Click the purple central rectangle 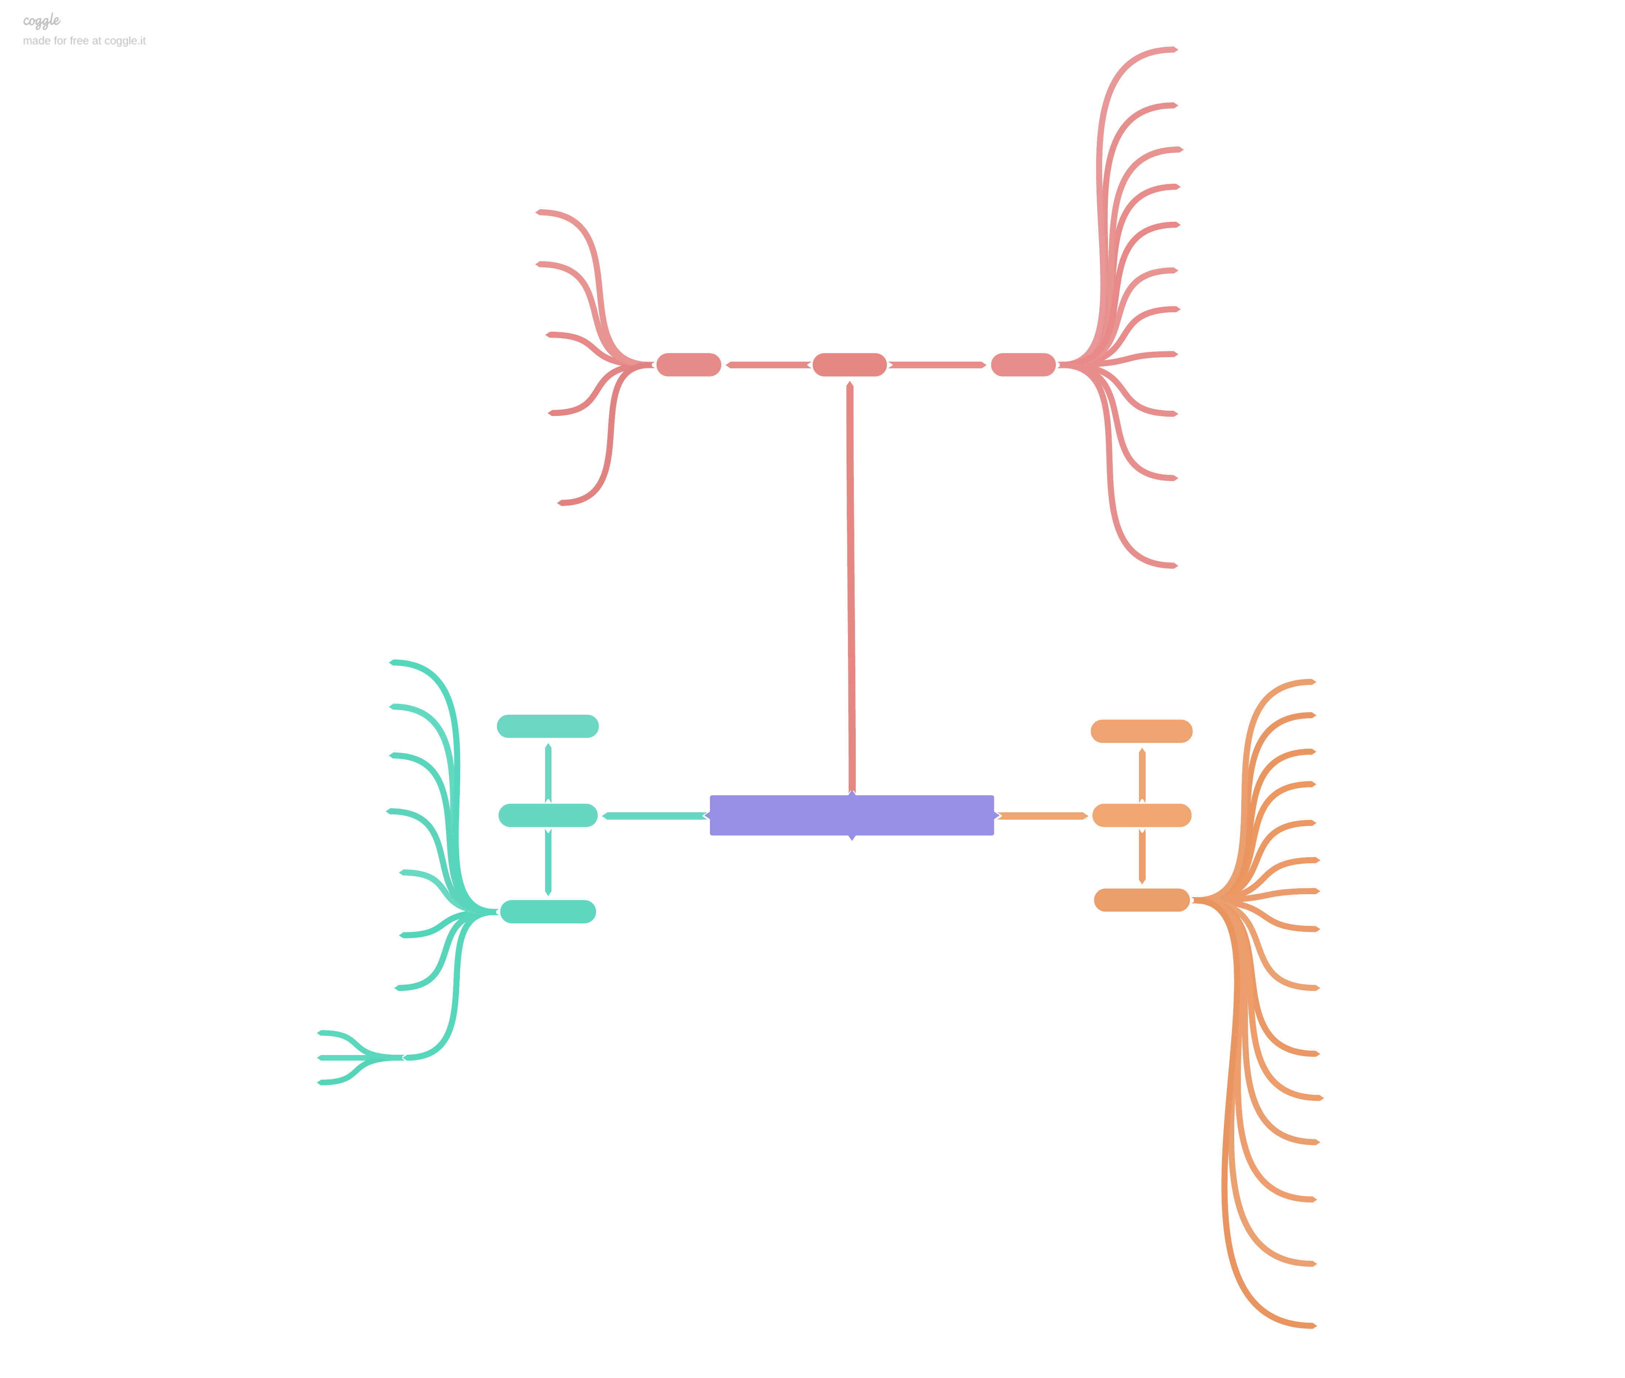tap(851, 815)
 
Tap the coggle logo tap(41, 20)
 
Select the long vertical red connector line tap(851, 586)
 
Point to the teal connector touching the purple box tap(655, 816)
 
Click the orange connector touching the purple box tap(1042, 816)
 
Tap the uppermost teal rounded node tap(547, 726)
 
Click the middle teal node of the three tap(547, 815)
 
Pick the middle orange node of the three tap(1141, 815)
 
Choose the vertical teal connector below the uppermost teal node tap(548, 772)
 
